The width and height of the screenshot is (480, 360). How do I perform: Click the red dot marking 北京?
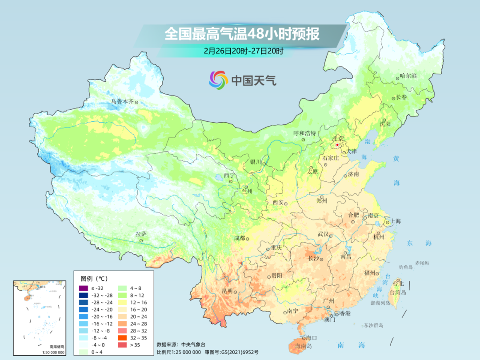coord(337,145)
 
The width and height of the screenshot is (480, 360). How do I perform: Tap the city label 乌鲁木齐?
coord(122,102)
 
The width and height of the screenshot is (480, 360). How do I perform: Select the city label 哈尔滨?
coord(408,76)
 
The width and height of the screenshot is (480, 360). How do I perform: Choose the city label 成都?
coord(239,238)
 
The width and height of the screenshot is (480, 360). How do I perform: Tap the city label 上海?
coord(395,221)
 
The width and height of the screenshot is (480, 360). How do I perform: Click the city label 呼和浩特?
coord(304,133)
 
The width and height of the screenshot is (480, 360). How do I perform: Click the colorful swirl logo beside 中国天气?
coord(218,80)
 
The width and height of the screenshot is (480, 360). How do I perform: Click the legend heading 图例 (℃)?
coord(94,279)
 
